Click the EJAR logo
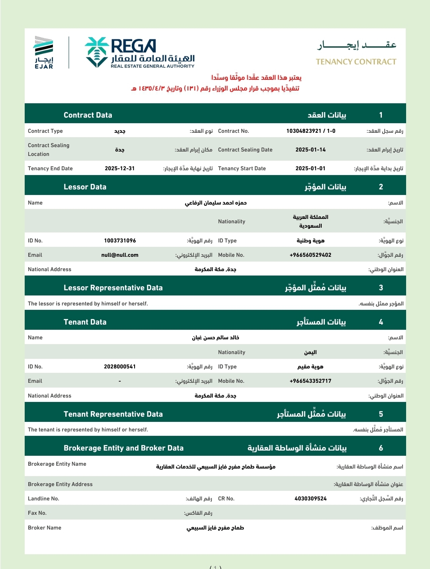click(x=44, y=52)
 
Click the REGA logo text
click(x=133, y=46)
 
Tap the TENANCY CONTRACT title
click(x=356, y=62)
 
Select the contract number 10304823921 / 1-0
click(x=311, y=131)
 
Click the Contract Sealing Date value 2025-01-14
click(x=311, y=150)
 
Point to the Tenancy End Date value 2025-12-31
click(x=119, y=168)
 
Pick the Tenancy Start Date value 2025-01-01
click(x=311, y=168)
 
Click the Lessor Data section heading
click(x=85, y=187)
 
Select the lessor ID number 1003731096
click(x=120, y=240)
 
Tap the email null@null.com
click(x=120, y=255)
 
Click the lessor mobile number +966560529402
click(x=311, y=255)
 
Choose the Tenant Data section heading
click(x=85, y=322)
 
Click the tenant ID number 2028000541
click(x=120, y=366)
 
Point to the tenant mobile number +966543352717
click(x=311, y=381)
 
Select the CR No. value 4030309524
click(x=311, y=498)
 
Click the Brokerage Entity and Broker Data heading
click(x=123, y=448)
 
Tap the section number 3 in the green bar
click(x=381, y=287)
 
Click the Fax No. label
click(x=37, y=513)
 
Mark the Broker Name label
click(x=45, y=528)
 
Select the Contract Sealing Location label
click(x=49, y=150)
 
